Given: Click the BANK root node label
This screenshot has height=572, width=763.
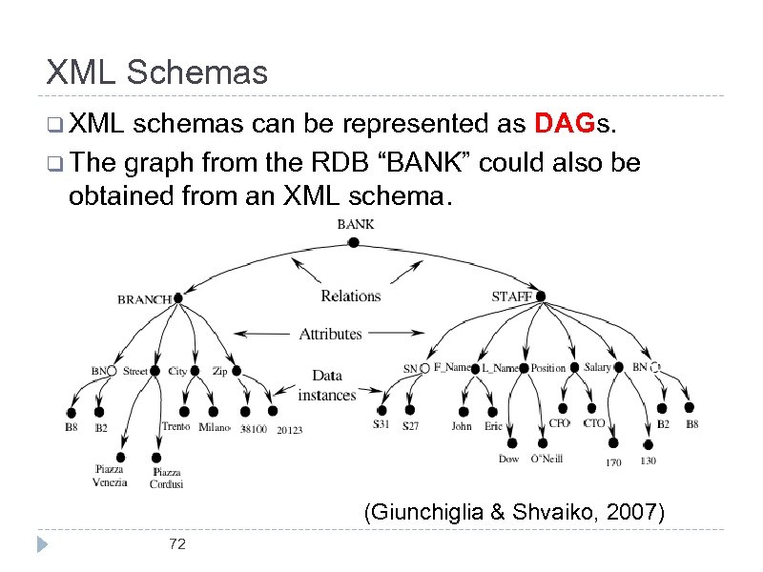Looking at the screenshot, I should click(x=355, y=225).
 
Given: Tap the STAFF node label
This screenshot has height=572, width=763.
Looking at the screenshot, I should click(x=511, y=297).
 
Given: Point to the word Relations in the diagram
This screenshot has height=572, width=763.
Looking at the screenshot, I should click(x=350, y=296).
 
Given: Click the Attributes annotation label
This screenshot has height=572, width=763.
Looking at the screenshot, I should click(x=330, y=334).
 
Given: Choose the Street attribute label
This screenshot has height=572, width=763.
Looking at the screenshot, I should click(x=135, y=371).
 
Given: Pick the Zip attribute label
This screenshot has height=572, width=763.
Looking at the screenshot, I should click(x=219, y=371).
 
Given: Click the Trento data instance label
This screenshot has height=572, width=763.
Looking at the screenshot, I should click(x=175, y=427).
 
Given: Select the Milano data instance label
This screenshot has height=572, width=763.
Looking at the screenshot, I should click(x=215, y=428).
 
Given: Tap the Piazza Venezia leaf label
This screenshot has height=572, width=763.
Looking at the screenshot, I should click(x=110, y=476).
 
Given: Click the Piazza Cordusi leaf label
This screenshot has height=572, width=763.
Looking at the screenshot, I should click(x=166, y=478).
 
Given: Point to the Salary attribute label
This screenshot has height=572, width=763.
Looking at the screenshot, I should click(x=598, y=367).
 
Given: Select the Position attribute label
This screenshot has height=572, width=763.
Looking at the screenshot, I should click(x=548, y=368).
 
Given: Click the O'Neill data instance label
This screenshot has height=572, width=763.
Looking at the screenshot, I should click(x=546, y=459).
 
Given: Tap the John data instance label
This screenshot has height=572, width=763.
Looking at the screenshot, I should click(x=462, y=426).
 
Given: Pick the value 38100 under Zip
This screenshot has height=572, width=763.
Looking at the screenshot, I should click(x=253, y=429).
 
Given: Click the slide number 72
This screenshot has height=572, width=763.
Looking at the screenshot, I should click(x=176, y=543).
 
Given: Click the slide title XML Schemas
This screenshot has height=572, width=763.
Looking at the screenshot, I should click(x=157, y=72).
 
